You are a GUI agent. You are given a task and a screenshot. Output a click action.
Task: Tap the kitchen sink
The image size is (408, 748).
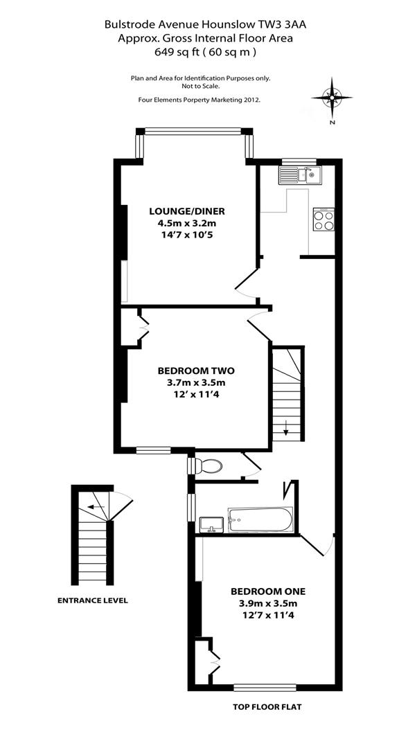298,175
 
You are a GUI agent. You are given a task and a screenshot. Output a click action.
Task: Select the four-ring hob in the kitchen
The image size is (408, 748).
323,220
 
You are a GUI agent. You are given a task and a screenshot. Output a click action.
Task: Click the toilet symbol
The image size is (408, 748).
207,466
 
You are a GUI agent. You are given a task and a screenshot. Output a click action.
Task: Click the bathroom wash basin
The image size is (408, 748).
209,524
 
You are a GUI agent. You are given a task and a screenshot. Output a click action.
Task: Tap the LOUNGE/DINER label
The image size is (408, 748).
187,211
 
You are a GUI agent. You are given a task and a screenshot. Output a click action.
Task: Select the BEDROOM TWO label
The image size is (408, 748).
191,370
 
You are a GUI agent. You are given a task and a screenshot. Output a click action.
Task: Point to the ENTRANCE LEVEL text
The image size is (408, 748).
92,600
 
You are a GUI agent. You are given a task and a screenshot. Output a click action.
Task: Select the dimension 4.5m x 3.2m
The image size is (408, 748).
187,224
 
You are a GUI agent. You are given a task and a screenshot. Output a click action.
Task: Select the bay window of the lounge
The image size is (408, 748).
195,131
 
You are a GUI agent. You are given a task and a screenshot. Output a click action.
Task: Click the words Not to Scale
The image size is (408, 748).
200,86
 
